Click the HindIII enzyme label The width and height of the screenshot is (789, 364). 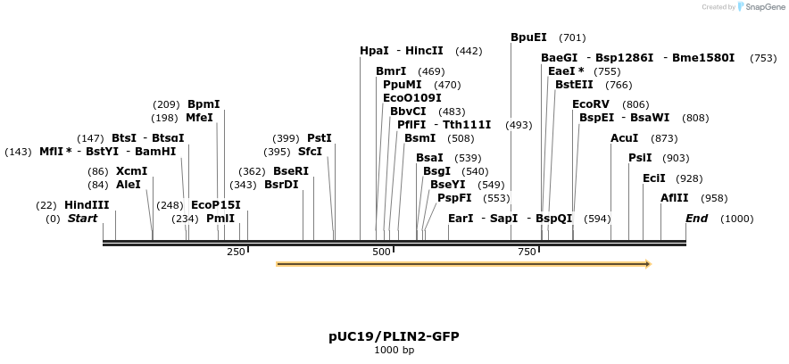[87, 205]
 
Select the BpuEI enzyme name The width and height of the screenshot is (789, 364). [528, 37]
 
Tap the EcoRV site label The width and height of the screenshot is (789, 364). [591, 104]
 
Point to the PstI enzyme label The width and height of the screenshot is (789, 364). [319, 138]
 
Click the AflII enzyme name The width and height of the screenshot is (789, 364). [674, 198]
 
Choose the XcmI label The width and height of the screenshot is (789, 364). [131, 171]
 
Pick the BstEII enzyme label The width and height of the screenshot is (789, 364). [574, 85]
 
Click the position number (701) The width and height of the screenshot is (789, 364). [572, 38]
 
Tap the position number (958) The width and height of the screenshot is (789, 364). [714, 198]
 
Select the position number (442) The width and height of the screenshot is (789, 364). [469, 52]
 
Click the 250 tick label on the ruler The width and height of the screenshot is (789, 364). [236, 252]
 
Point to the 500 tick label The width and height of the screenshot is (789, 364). [382, 252]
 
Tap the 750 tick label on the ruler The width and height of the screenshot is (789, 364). [527, 252]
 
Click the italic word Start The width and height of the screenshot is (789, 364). [82, 219]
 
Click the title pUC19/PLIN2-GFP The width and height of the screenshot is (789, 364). [394, 336]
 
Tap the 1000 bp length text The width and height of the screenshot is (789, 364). [394, 350]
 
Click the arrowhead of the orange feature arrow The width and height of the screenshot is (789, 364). [648, 264]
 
